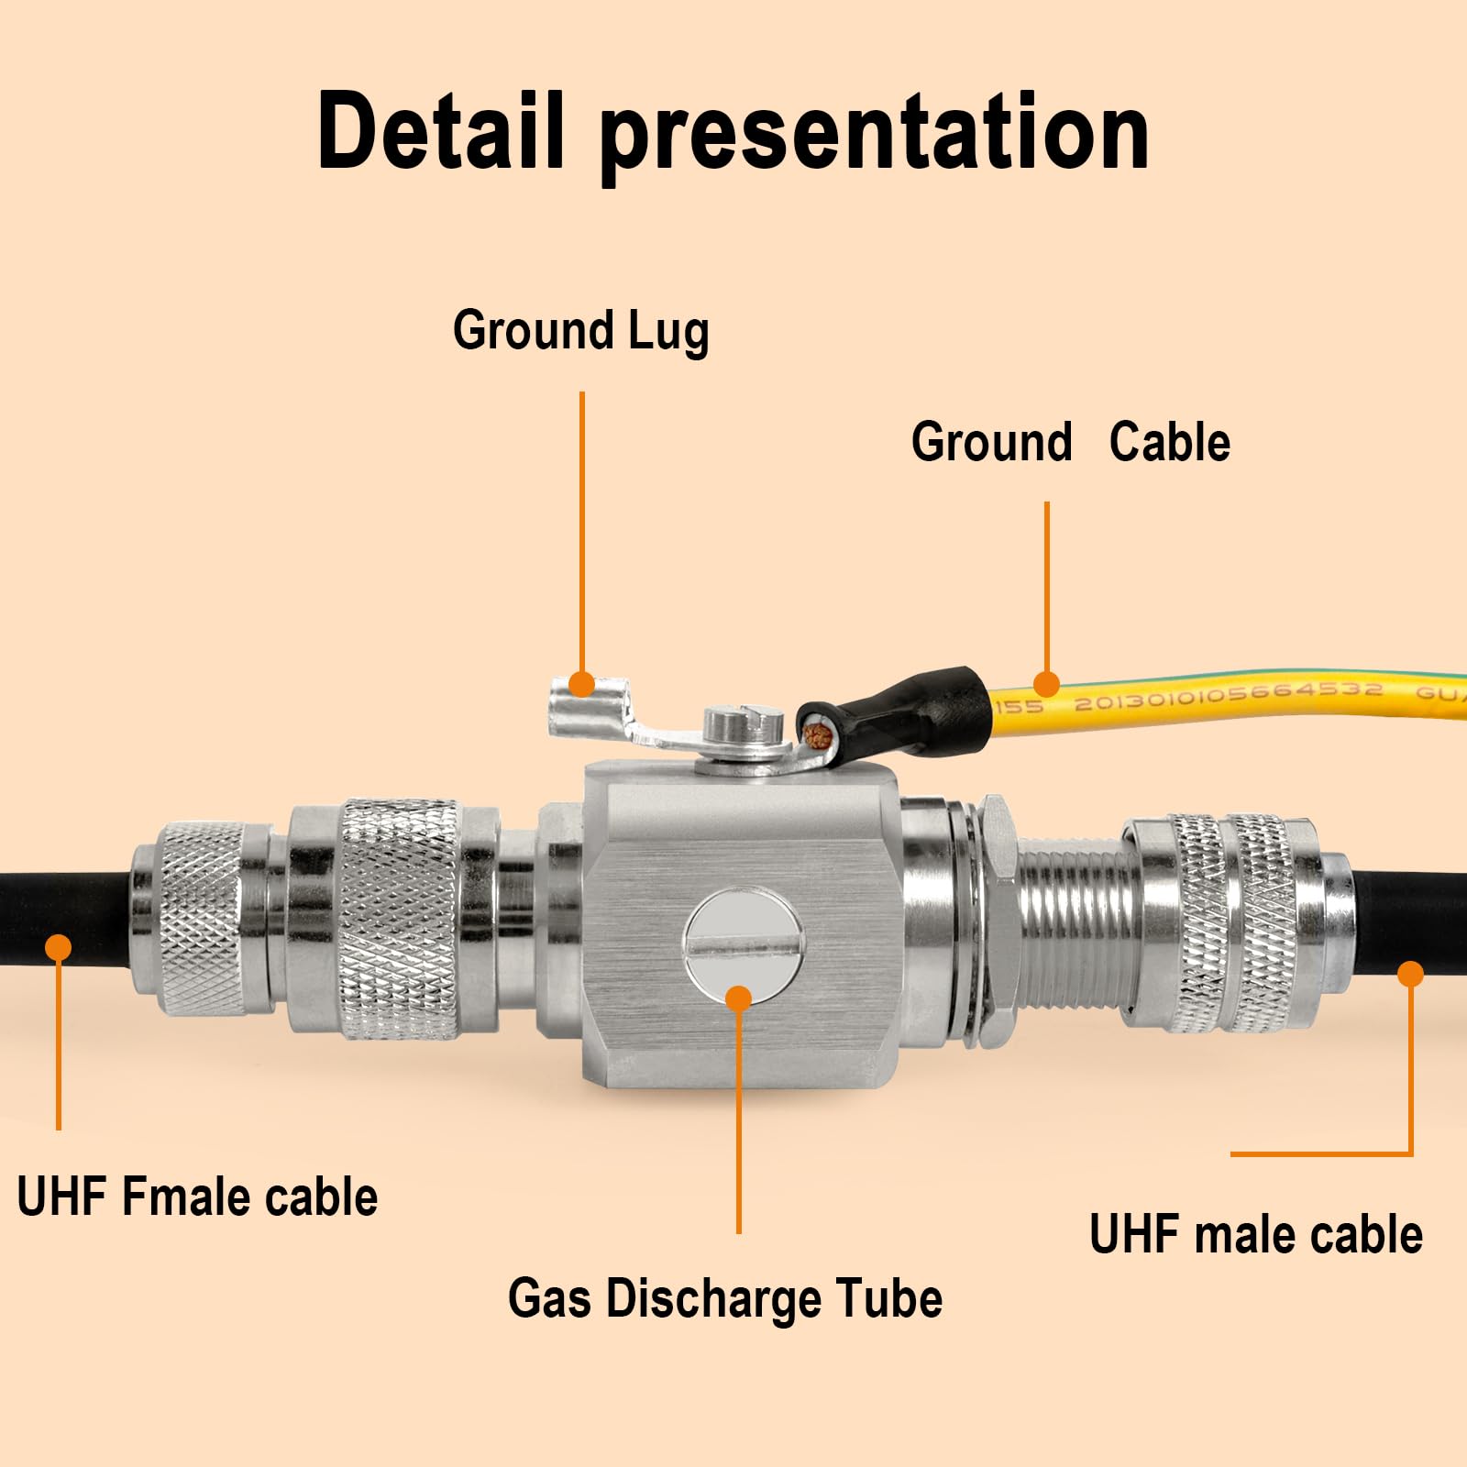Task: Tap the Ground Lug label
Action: point(580,330)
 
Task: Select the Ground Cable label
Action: point(1070,442)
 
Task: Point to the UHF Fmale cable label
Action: point(197,1197)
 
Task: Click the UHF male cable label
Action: point(1256,1234)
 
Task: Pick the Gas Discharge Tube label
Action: point(725,1299)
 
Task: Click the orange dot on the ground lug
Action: point(580,683)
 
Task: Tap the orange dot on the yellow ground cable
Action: point(1046,683)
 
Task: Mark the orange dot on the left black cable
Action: point(59,946)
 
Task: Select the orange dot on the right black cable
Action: point(1411,973)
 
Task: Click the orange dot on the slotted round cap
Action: point(738,998)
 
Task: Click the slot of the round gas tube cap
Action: point(744,943)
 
